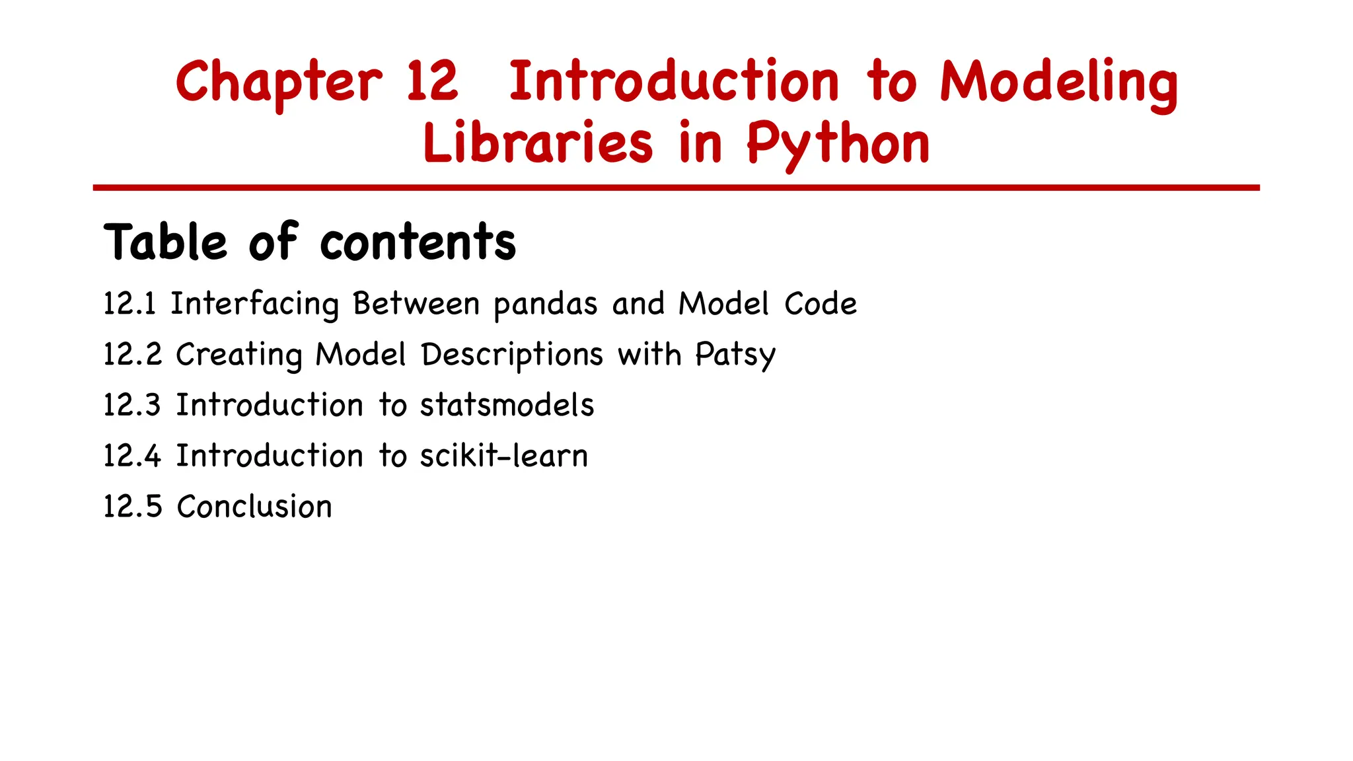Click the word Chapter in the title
point(279,83)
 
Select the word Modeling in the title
point(1058,83)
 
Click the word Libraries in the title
point(538,143)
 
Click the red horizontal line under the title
point(676,188)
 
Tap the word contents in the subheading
point(418,242)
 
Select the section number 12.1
point(129,304)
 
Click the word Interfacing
point(254,305)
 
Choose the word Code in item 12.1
point(820,304)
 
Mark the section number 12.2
point(132,355)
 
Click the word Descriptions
point(512,355)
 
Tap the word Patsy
point(735,355)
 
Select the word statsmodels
point(507,405)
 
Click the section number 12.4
point(132,456)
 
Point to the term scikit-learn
point(503,456)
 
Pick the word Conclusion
point(254,507)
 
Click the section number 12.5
point(132,507)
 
